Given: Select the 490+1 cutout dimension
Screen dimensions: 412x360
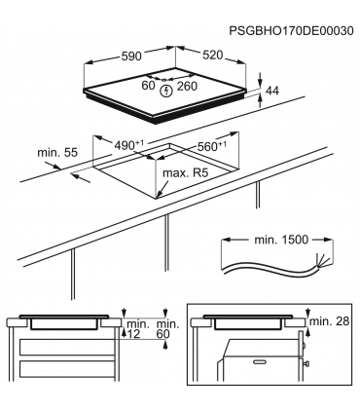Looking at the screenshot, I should point(128,144).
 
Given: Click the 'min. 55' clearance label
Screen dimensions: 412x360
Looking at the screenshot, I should point(56,155).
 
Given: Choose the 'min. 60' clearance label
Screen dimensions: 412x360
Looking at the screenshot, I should point(167,328).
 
